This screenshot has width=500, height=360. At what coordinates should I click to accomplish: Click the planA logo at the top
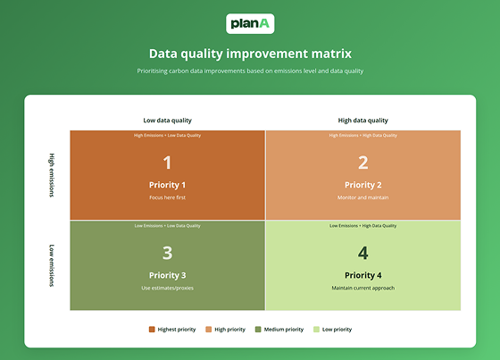(250, 24)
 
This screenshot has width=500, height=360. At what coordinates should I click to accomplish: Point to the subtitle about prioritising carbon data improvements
(250, 71)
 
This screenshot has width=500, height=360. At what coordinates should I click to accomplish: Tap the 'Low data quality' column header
(168, 120)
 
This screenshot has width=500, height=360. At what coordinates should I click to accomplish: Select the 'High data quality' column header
(362, 120)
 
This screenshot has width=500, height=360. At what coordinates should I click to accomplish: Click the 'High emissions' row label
(52, 175)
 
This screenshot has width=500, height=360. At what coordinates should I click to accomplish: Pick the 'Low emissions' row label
(52, 265)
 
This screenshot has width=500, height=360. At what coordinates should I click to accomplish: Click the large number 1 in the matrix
(167, 162)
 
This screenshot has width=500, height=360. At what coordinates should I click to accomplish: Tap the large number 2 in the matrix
(362, 162)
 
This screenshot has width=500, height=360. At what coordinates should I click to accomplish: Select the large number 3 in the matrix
(167, 253)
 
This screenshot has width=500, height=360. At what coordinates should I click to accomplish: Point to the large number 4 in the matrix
(362, 253)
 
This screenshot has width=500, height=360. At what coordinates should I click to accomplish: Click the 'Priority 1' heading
(167, 185)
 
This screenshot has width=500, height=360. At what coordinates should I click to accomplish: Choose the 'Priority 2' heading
(362, 185)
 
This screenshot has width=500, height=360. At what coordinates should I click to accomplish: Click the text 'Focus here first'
(167, 197)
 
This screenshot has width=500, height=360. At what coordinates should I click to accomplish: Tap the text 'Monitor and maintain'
(362, 197)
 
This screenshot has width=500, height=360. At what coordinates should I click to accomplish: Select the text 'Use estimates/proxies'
(167, 288)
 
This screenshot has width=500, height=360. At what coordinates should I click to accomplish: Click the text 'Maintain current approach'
(362, 288)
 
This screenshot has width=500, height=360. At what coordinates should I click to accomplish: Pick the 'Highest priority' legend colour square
(152, 330)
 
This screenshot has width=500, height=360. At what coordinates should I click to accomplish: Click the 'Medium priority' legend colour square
(258, 330)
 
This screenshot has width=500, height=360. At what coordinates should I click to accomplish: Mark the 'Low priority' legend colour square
(316, 330)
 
